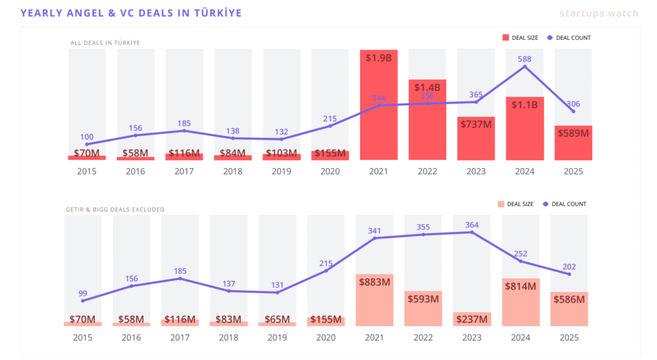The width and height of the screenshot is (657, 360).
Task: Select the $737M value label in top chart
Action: (x=475, y=124)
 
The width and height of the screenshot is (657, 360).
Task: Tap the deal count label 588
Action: (x=524, y=59)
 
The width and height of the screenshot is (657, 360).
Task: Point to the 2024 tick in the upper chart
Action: (x=524, y=172)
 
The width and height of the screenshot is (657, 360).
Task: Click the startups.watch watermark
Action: (x=599, y=13)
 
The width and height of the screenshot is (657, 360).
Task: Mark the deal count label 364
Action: (x=472, y=225)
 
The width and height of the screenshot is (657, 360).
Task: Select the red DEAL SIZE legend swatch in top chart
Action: (x=506, y=38)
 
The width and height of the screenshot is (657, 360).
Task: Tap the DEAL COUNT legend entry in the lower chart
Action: (x=565, y=204)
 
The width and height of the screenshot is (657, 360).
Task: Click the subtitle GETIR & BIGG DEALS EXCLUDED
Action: (x=115, y=209)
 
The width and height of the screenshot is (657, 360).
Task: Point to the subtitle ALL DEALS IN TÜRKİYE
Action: (x=105, y=43)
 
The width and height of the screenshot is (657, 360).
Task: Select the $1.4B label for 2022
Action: (x=427, y=87)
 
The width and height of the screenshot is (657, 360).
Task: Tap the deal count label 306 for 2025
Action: (x=573, y=104)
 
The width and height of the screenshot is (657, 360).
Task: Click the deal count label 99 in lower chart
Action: (x=83, y=293)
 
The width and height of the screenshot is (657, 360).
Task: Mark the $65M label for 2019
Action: (x=277, y=320)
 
